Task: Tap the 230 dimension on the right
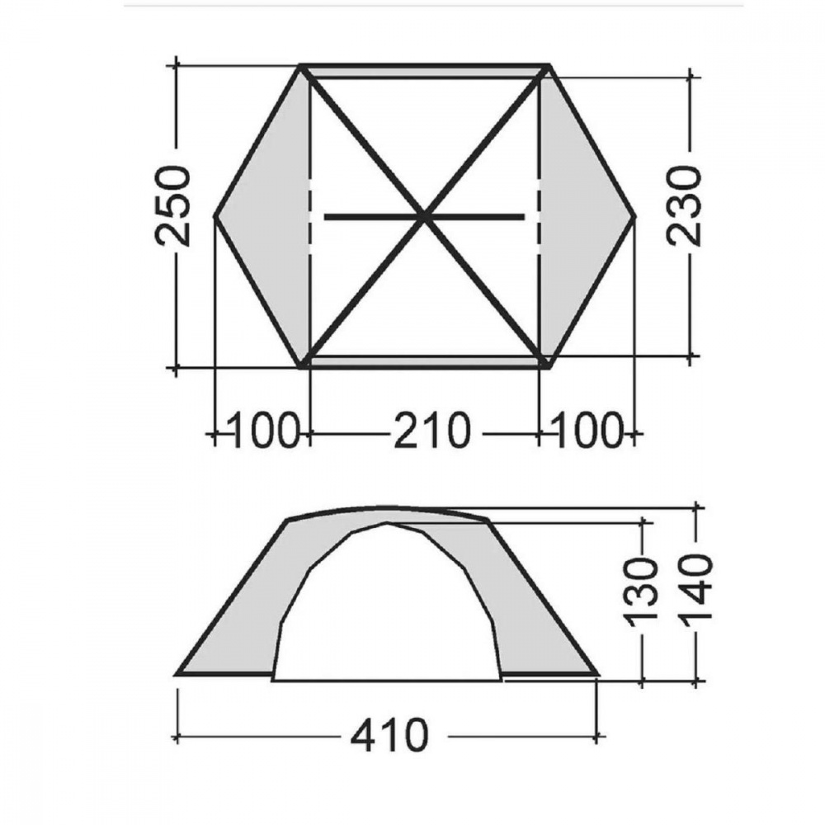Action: tap(684, 205)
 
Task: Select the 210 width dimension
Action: tap(430, 431)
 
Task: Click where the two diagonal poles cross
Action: tap(425, 217)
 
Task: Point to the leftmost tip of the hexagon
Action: tap(215, 217)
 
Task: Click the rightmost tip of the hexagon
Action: tap(636, 217)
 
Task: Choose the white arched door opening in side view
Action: tap(388, 610)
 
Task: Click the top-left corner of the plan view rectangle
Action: tap(303, 67)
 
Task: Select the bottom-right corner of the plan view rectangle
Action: tap(548, 364)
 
